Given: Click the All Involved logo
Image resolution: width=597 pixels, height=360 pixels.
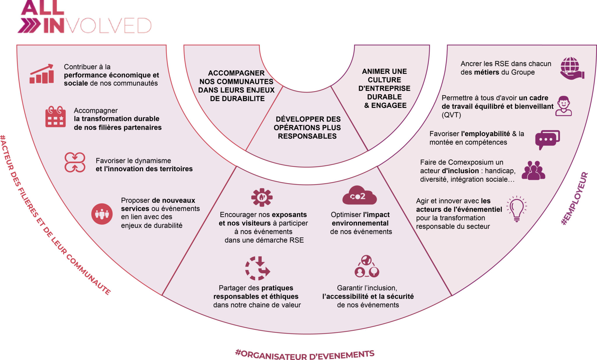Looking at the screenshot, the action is coord(85,17).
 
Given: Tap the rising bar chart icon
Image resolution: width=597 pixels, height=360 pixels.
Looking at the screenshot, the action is coord(42,74).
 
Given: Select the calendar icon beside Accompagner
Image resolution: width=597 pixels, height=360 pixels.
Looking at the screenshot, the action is coord(55,117).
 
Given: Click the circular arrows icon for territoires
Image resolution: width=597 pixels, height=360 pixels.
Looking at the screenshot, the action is coord(75,162).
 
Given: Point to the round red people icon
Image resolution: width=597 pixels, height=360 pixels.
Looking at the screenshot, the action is coord(102,214).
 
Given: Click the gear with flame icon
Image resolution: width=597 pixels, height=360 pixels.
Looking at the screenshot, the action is coord(262,197).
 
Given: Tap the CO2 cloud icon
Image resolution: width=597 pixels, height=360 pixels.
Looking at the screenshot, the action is coord(359,195).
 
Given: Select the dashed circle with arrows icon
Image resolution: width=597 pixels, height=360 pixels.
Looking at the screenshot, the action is coord(257,268).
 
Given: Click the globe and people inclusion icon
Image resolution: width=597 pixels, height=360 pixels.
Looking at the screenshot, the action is coord(367,266).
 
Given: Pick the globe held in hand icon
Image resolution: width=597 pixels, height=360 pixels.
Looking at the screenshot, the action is coord(572,68).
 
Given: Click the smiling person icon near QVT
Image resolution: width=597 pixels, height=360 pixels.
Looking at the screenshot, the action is coord(563,106).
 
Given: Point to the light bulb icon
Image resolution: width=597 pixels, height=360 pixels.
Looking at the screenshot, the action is coord(517,209).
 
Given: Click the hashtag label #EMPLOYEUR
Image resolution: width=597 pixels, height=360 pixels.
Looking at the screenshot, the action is coord(575,199).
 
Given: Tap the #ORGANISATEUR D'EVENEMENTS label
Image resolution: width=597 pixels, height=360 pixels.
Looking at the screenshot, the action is coord(305,355).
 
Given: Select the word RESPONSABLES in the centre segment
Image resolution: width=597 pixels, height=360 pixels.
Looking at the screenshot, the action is coord(307,136).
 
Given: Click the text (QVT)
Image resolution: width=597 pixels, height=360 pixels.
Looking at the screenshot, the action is coord(451,115).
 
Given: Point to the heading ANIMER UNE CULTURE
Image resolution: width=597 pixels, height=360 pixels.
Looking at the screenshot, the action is coord(384,75).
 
